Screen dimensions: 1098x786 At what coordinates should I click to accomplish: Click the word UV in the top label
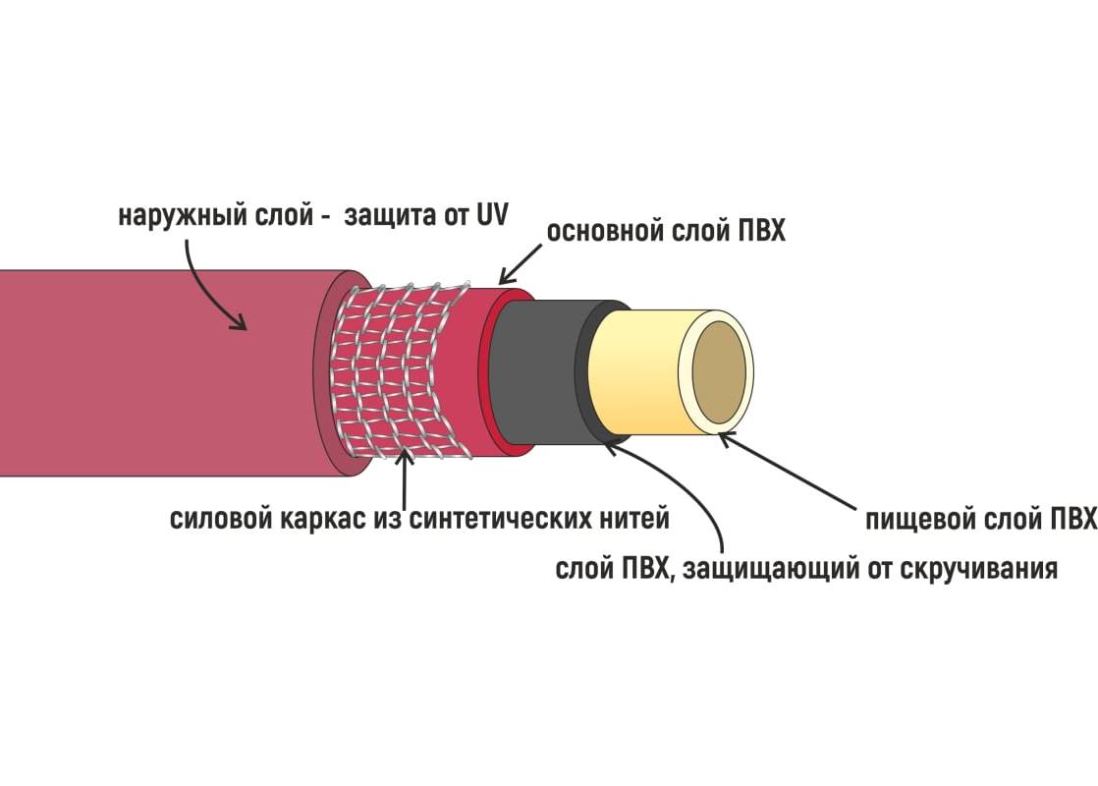[492, 215]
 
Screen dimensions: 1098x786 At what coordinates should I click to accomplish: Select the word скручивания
[977, 569]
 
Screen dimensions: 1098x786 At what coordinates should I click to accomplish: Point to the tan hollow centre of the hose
[719, 372]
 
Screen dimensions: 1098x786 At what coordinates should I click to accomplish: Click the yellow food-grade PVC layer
[633, 372]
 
